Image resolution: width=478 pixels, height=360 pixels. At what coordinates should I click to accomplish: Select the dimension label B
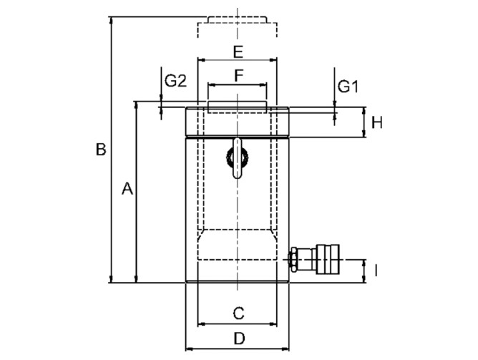(x=102, y=150)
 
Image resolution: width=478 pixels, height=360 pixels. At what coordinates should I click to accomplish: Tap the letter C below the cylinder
(x=240, y=312)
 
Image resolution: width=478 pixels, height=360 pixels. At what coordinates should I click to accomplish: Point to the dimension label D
(x=240, y=337)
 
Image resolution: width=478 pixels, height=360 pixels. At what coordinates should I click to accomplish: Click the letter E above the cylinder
(x=238, y=52)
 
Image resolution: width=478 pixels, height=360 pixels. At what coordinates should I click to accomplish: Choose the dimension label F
(x=239, y=74)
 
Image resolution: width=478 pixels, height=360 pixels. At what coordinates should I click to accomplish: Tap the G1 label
(x=348, y=87)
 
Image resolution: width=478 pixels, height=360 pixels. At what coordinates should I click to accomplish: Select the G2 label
(x=175, y=81)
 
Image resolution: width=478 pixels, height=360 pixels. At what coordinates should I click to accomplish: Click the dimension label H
(x=377, y=122)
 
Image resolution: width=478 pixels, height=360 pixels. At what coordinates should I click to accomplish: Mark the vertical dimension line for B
(x=112, y=215)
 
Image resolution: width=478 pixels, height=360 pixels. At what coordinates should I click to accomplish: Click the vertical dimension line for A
(x=136, y=236)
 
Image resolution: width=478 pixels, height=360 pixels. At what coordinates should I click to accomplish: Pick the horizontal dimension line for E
(x=215, y=60)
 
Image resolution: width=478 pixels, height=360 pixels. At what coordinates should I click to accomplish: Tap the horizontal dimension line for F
(x=222, y=84)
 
